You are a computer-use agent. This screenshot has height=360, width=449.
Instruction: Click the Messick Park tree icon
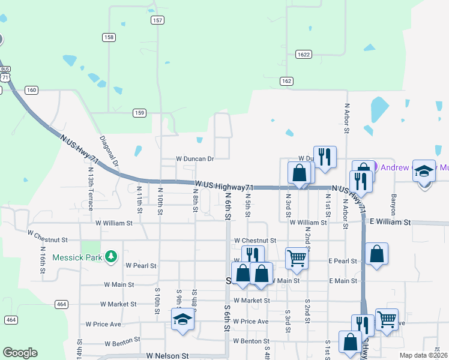click(x=110, y=257)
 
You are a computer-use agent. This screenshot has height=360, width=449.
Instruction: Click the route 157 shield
click(x=157, y=20)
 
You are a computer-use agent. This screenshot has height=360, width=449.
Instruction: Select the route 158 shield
click(x=109, y=37)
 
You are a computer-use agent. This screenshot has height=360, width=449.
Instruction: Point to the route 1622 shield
click(x=304, y=54)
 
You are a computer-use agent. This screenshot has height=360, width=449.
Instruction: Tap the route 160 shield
click(x=31, y=90)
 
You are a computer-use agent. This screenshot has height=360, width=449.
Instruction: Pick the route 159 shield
click(x=139, y=112)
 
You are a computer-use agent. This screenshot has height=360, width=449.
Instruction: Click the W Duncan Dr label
click(x=194, y=159)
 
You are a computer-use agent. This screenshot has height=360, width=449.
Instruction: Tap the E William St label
click(x=390, y=222)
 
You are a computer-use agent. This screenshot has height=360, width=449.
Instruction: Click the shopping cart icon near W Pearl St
click(x=297, y=259)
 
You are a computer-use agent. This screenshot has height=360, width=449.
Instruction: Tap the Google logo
click(x=20, y=353)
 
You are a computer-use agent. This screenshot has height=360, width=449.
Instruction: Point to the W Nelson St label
click(x=167, y=355)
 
